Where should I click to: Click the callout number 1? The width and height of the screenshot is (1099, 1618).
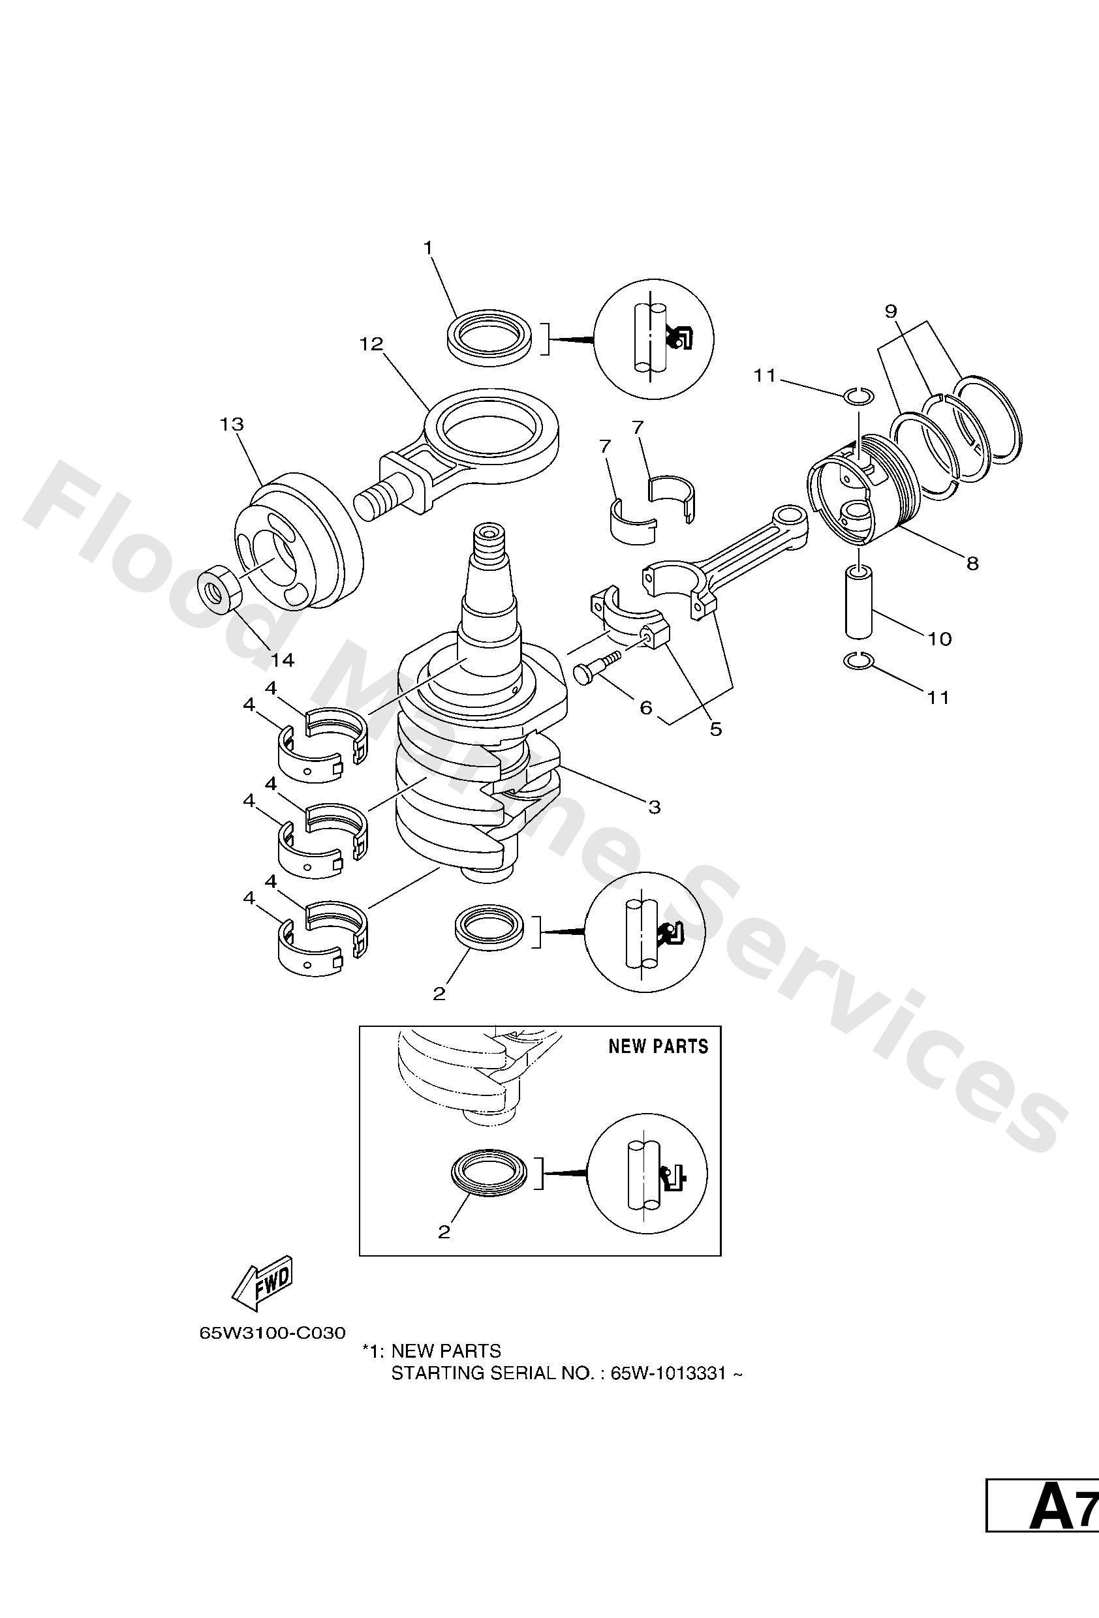[428, 248]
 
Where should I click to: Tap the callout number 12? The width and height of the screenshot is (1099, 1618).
[372, 344]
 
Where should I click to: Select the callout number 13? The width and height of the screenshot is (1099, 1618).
[232, 424]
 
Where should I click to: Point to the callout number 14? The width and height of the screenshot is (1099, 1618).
[281, 660]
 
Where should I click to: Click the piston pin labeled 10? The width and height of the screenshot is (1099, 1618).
[859, 601]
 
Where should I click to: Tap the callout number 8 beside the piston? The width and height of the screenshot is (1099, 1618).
[972, 562]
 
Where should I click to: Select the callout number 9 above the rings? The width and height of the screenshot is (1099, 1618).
[891, 311]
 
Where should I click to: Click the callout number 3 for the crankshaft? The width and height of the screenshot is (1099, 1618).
[654, 807]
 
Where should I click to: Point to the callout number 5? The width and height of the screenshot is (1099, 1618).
[716, 729]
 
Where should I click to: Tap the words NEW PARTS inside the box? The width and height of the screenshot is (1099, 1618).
[658, 1046]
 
